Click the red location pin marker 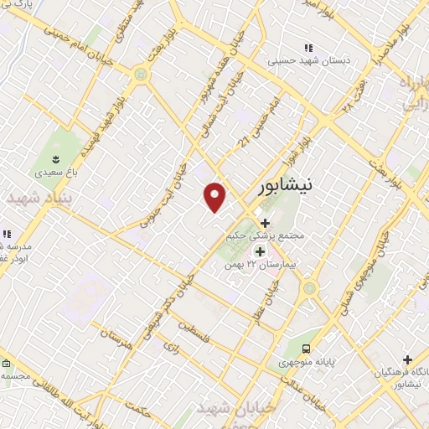tap(215, 197)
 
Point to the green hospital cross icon tap(260, 251)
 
